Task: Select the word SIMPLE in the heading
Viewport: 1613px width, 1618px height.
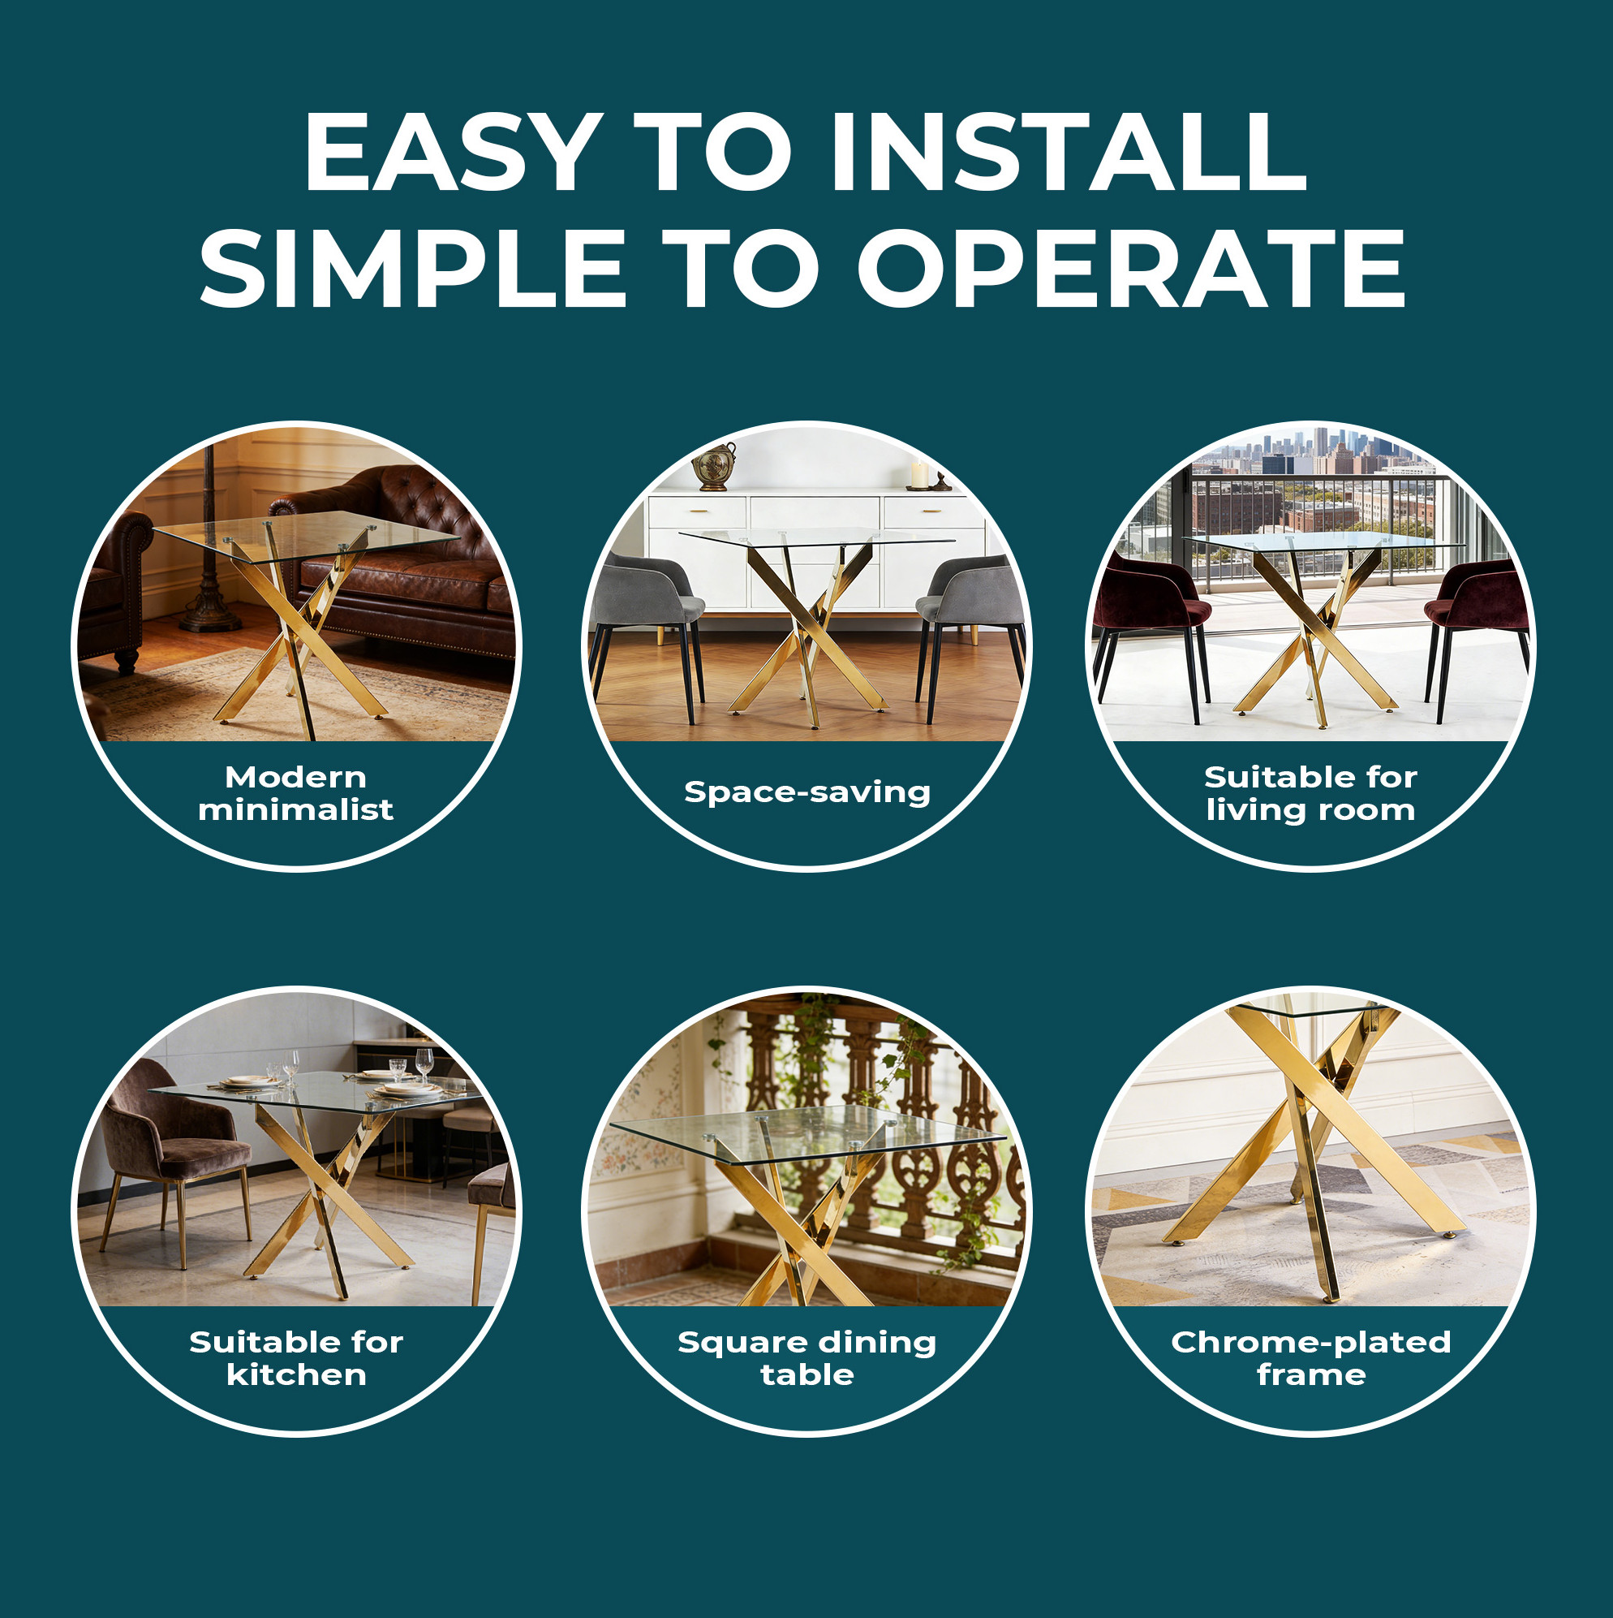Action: coord(412,268)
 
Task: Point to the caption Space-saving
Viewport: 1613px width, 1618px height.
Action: coord(807,792)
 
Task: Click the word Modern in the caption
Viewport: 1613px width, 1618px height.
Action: coord(295,777)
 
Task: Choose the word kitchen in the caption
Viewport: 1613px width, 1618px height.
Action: coord(296,1375)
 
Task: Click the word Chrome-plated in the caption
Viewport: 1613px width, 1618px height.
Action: coord(1311,1344)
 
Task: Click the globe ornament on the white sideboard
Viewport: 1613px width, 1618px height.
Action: coord(715,467)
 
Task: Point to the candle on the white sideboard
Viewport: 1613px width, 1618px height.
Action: coord(919,475)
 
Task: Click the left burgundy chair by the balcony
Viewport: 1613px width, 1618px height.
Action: coord(1151,619)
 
